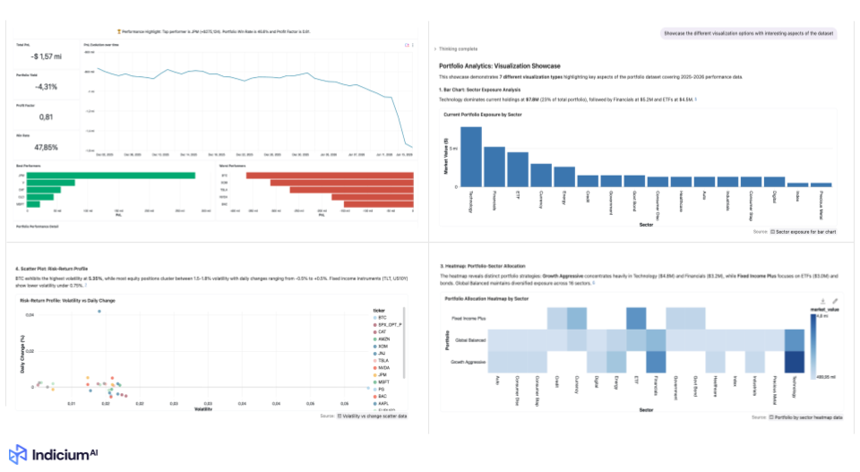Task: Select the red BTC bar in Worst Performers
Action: [x=331, y=175]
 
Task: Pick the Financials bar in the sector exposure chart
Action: [x=494, y=166]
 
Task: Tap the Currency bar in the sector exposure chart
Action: [x=541, y=175]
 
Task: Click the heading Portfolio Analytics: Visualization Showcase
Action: [x=500, y=65]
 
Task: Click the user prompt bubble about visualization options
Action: [x=747, y=33]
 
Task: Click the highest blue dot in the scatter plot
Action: [x=99, y=312]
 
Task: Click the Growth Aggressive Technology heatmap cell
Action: [x=795, y=362]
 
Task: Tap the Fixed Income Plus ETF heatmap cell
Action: [x=636, y=318]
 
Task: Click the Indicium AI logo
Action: [x=54, y=454]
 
